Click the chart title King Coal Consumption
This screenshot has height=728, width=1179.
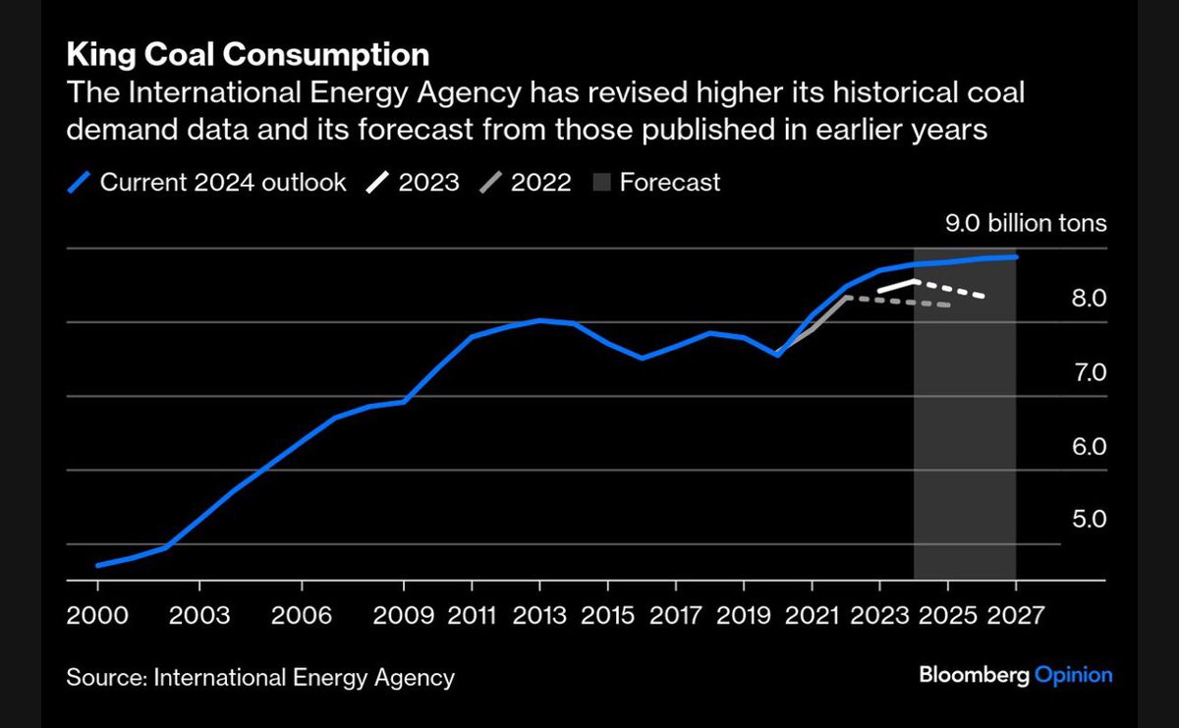[x=248, y=55]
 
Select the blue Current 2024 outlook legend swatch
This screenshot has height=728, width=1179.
[x=79, y=182]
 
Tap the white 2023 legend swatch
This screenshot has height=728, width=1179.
[x=377, y=182]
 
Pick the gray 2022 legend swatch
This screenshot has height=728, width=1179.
[x=490, y=182]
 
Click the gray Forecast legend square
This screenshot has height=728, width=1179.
[x=601, y=182]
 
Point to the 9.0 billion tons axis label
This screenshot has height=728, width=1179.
[x=1026, y=223]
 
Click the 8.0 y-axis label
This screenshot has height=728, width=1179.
[x=1089, y=299]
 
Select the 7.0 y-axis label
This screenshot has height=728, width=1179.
[x=1089, y=372]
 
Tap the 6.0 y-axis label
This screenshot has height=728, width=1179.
[x=1089, y=447]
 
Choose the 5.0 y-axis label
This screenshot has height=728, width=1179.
[x=1089, y=520]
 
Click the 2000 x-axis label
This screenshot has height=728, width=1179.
[x=97, y=615]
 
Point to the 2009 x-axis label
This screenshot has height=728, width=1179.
[x=404, y=615]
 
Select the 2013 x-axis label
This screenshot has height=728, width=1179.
[x=539, y=615]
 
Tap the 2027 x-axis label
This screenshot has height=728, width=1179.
[x=1015, y=615]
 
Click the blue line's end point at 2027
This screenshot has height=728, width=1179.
[x=1016, y=256]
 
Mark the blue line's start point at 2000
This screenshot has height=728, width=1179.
[x=98, y=565]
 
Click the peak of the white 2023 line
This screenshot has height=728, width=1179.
[x=916, y=282]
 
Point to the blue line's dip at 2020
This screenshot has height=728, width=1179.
[x=777, y=355]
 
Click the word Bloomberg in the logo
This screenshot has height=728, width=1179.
[x=975, y=675]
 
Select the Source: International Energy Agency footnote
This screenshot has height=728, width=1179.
[x=260, y=678]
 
